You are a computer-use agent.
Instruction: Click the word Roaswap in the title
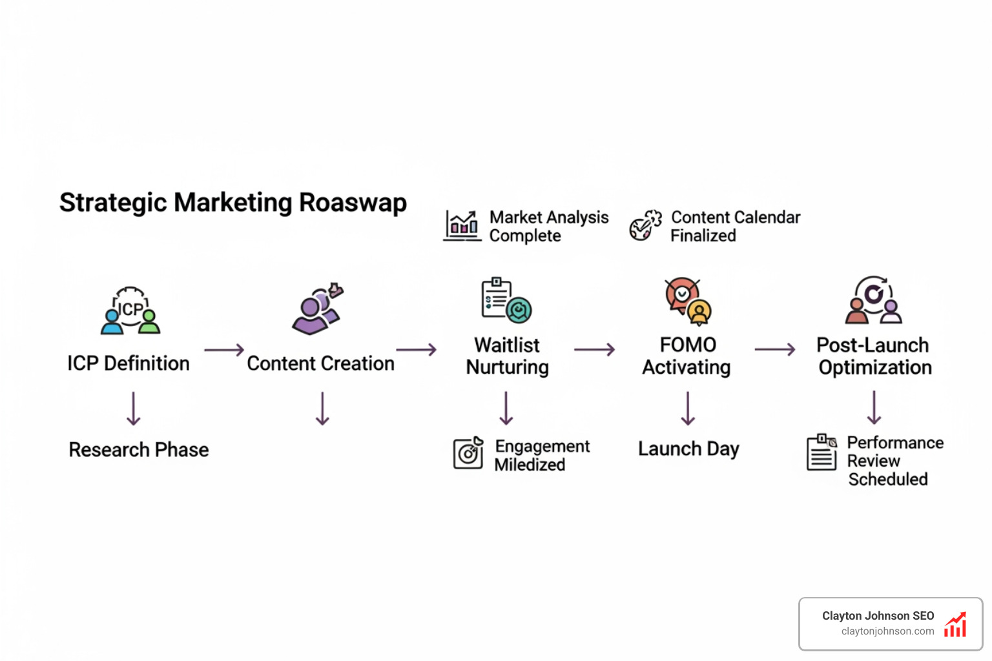[353, 203]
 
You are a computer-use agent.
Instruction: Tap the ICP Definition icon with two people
[130, 310]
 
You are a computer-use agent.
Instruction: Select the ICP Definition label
[129, 363]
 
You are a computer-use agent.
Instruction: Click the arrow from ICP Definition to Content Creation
[224, 350]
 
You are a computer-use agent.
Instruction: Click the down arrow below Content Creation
[322, 409]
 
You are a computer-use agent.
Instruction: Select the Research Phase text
[139, 450]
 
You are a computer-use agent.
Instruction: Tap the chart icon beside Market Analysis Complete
[462, 226]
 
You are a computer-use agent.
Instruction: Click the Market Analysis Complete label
[548, 227]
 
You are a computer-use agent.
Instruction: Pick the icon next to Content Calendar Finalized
[645, 225]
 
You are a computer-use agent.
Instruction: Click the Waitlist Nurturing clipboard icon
[506, 300]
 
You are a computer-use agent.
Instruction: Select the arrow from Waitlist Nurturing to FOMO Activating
[594, 350]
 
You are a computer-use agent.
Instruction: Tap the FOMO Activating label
[687, 356]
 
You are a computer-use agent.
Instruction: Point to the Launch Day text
[688, 449]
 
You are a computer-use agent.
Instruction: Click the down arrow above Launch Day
[688, 408]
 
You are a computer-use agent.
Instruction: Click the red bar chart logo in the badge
[955, 625]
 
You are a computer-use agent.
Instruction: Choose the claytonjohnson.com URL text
[887, 631]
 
